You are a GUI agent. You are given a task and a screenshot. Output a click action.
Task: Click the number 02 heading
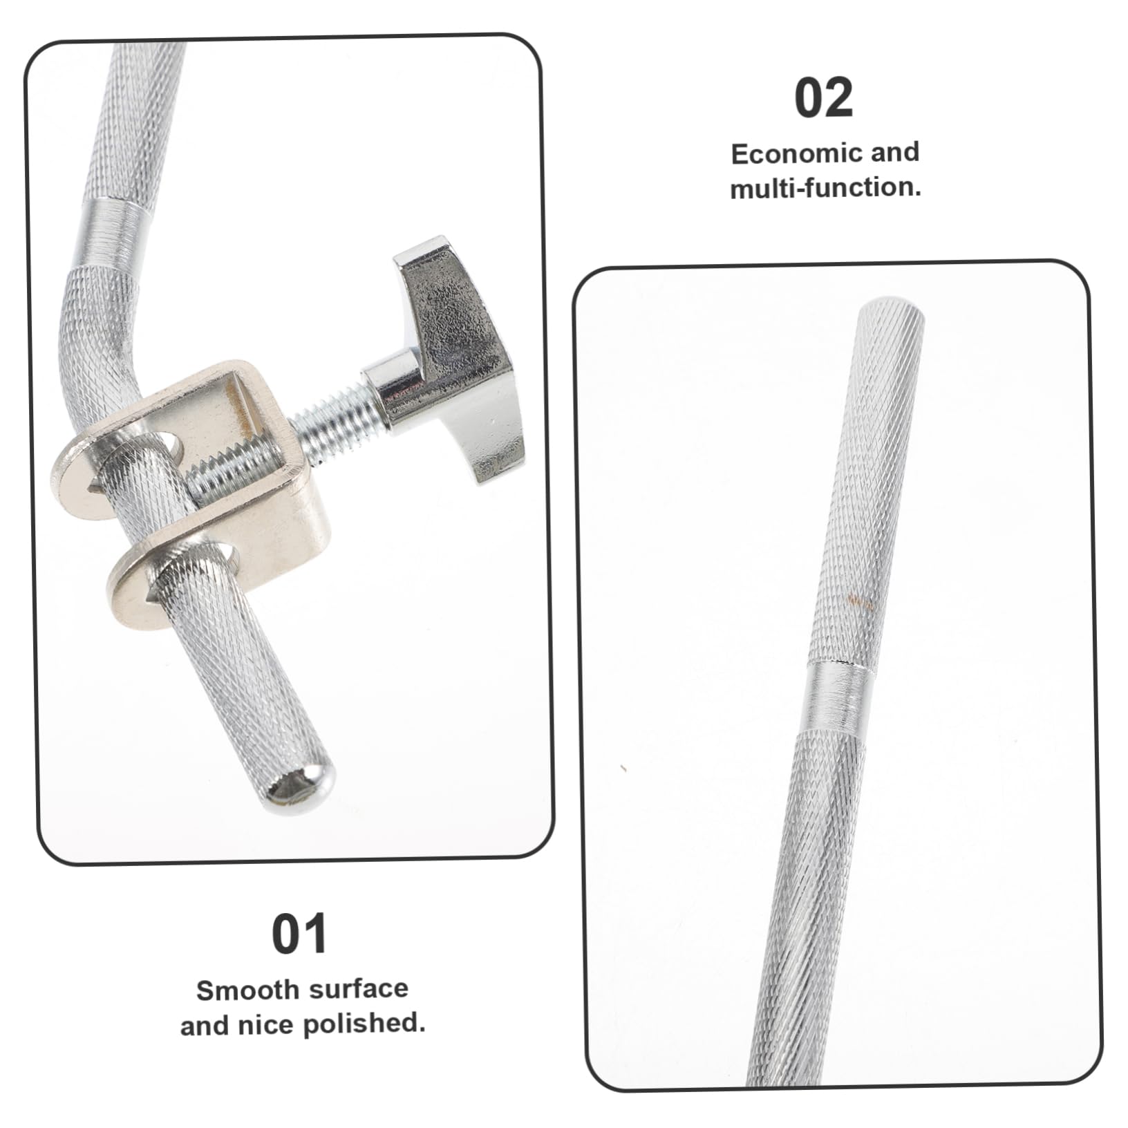pos(824,99)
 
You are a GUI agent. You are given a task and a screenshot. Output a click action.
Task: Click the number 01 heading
pos(299,934)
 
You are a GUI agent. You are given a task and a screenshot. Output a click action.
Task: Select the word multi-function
pos(825,188)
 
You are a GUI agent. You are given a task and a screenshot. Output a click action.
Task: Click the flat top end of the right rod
pos(892,308)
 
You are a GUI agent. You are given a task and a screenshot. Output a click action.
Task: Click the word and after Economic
pos(894,152)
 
